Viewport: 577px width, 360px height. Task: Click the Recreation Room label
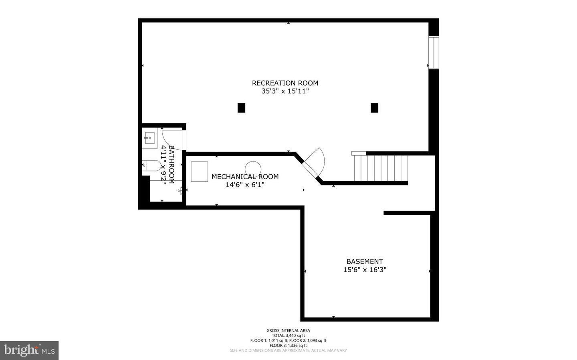click(285, 83)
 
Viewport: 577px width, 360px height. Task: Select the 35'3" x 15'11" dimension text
click(285, 91)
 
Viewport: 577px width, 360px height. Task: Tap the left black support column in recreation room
click(241, 108)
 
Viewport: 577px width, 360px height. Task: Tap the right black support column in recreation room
click(374, 108)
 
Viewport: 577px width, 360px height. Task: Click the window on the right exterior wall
click(434, 52)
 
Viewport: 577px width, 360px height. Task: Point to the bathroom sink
click(149, 138)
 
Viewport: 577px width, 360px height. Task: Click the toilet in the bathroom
click(151, 165)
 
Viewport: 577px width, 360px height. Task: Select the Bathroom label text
click(171, 164)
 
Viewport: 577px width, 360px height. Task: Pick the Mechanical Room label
click(245, 177)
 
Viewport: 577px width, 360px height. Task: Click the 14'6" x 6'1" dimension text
click(245, 185)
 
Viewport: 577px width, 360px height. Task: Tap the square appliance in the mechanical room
click(199, 171)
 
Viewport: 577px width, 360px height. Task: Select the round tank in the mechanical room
click(253, 169)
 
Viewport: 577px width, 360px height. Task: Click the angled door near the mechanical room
click(314, 163)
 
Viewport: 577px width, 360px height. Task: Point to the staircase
click(381, 168)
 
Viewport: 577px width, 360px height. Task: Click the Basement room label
click(365, 261)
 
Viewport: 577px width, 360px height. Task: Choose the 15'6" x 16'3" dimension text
click(365, 270)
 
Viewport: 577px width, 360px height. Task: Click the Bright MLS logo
click(29, 350)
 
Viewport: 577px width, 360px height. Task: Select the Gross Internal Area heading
click(288, 330)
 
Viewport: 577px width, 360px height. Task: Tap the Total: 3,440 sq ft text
click(288, 336)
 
